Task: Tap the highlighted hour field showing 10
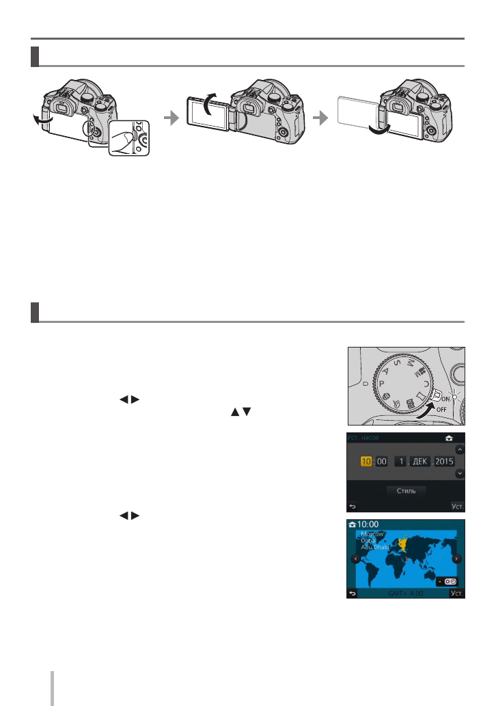pos(366,462)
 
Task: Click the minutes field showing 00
pos(382,462)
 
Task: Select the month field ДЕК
pos(419,462)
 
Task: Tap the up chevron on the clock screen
pos(460,450)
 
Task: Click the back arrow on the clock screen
pos(353,507)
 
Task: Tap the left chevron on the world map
pos(355,559)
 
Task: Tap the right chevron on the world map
pos(457,559)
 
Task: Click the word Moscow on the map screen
pos(372,533)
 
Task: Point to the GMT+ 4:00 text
pos(406,594)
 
